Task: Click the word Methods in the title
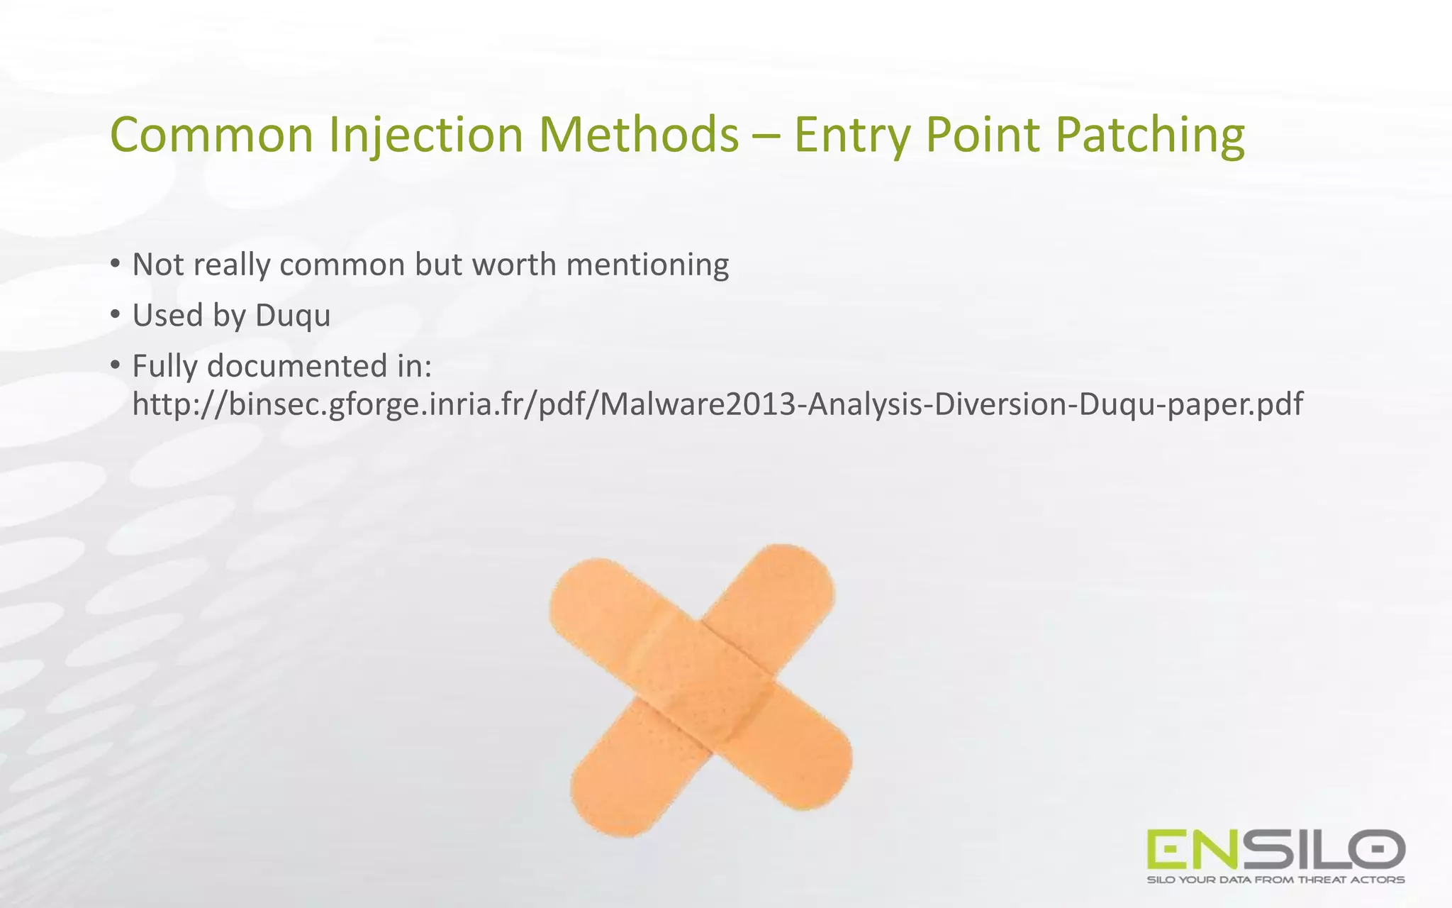coord(638,135)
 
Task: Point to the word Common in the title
coord(211,135)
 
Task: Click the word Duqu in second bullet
coord(292,316)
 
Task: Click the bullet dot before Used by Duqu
coord(116,314)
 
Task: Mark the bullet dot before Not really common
coord(116,264)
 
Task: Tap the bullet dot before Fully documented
coord(116,365)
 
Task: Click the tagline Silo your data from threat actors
coord(1275,880)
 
